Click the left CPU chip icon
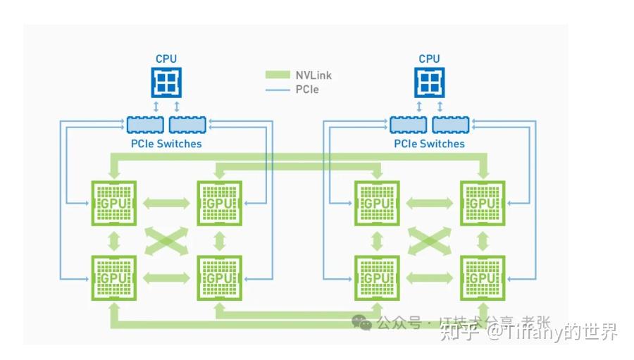pyautogui.click(x=166, y=82)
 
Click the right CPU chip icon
pyautogui.click(x=429, y=82)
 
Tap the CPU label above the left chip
pyautogui.click(x=166, y=58)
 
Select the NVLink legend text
pyautogui.click(x=313, y=75)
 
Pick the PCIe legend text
pyautogui.click(x=307, y=89)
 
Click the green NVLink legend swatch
pyautogui.click(x=278, y=75)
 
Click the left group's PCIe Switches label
pyautogui.click(x=166, y=144)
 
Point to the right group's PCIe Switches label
pyautogui.click(x=429, y=144)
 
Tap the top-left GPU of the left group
pyautogui.click(x=113, y=203)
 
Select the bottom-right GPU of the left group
pyautogui.click(x=219, y=278)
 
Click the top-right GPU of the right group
pyautogui.click(x=483, y=203)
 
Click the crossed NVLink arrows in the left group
pyautogui.click(x=166, y=241)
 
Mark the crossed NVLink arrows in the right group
pyautogui.click(x=430, y=241)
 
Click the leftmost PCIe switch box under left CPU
pyautogui.click(x=145, y=125)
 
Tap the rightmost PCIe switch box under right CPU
pyautogui.click(x=451, y=125)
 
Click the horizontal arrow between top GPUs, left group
pyautogui.click(x=166, y=203)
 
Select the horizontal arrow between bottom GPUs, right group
pyautogui.click(x=430, y=278)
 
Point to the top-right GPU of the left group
pyautogui.click(x=219, y=203)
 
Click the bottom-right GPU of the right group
pyautogui.click(x=483, y=278)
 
